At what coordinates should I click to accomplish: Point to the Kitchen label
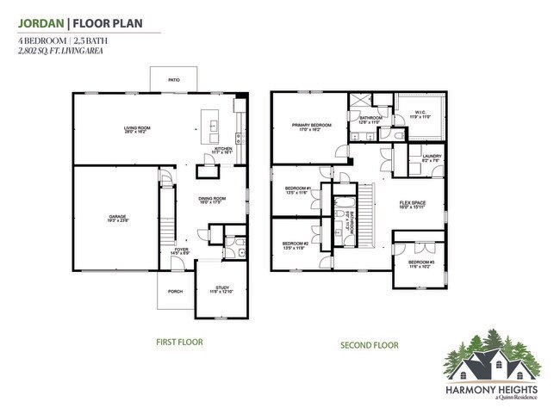point(224,149)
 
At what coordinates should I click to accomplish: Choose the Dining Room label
point(213,200)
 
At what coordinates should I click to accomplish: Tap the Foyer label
point(180,250)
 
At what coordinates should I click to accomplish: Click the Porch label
point(175,292)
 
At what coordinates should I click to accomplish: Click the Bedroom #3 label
point(420,262)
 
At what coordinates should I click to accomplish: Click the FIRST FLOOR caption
point(178,342)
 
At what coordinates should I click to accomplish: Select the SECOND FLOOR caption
point(369,345)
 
